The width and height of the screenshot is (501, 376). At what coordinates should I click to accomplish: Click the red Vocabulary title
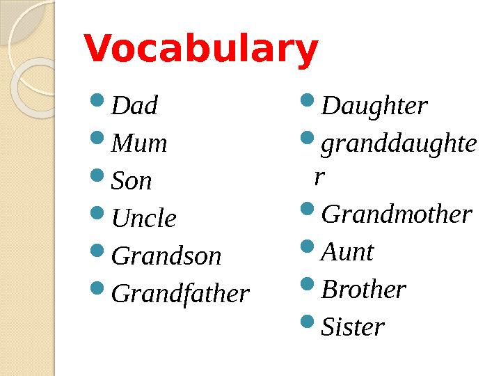(200, 51)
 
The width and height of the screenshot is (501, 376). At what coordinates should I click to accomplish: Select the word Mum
(139, 143)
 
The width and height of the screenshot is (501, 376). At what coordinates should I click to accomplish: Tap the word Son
(132, 181)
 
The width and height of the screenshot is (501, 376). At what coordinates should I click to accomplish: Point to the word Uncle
(144, 219)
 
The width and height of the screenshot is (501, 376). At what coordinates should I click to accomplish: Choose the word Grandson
(166, 256)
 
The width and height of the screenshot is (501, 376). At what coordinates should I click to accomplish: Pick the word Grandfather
(180, 294)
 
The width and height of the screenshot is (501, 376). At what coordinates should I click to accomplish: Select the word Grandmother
(397, 214)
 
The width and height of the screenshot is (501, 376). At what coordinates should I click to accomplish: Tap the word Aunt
(347, 251)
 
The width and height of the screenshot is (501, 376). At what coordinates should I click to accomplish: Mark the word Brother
(363, 289)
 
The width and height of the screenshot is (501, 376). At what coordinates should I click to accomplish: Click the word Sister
(353, 327)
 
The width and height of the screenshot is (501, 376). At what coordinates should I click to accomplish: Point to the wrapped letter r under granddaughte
(319, 178)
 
